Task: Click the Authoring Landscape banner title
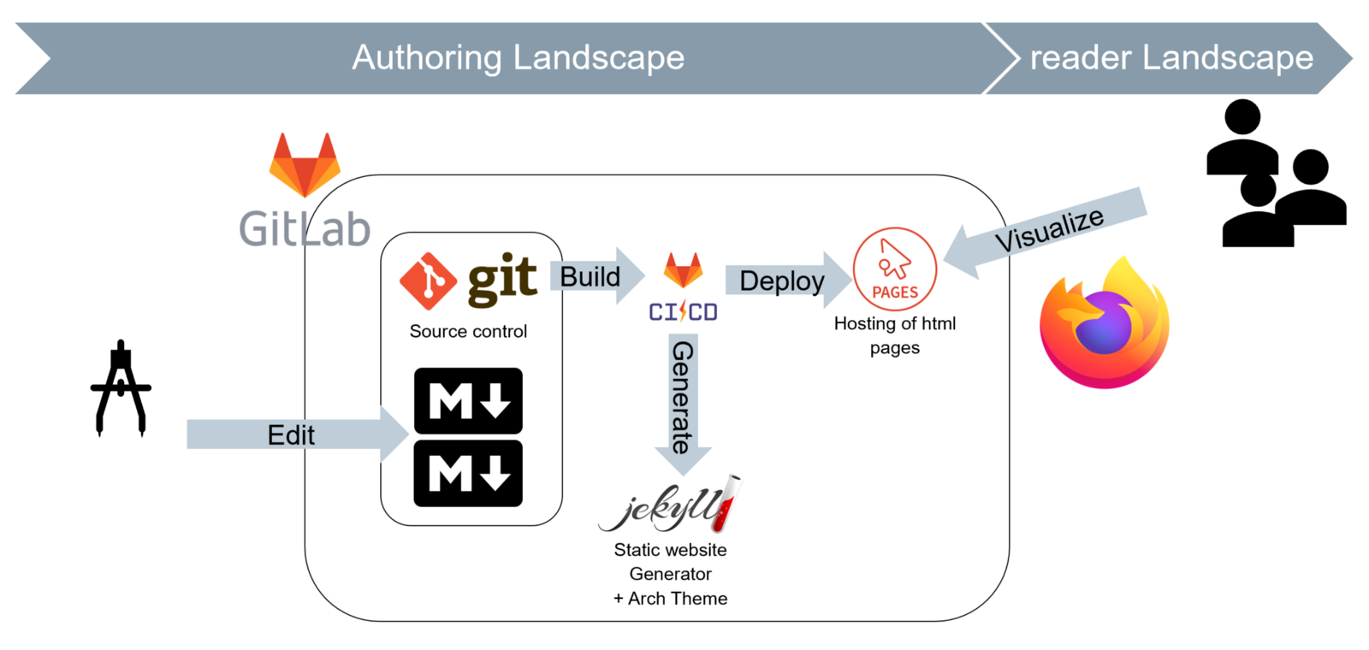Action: (518, 58)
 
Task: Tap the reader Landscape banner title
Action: (1170, 58)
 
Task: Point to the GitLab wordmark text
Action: (305, 229)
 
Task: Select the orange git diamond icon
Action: (428, 281)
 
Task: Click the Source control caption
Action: (468, 332)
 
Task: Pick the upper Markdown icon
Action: (468, 400)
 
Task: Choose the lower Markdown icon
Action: (468, 473)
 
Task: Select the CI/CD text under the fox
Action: (683, 312)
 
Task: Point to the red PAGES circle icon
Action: (895, 269)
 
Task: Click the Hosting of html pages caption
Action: (895, 335)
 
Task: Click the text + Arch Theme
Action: (670, 599)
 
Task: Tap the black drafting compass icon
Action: (121, 389)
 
